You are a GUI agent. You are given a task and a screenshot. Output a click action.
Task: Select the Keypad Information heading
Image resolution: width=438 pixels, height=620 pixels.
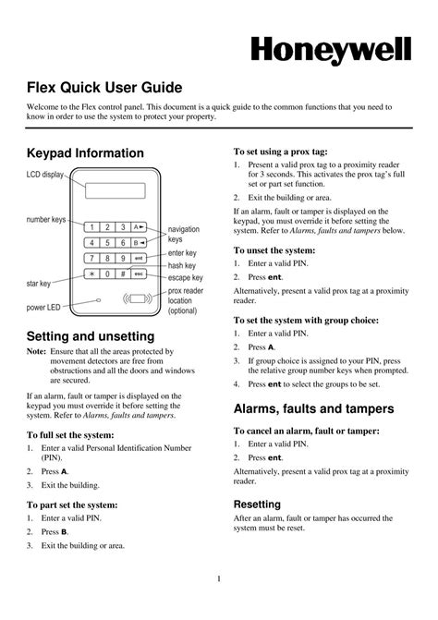pos(85,152)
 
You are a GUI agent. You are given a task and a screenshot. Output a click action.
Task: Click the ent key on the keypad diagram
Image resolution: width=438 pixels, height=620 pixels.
pos(139,258)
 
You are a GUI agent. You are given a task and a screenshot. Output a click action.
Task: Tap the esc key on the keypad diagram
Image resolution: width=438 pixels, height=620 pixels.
pos(139,274)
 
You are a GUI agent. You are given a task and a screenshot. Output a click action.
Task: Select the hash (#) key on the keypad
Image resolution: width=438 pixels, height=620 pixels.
pos(123,274)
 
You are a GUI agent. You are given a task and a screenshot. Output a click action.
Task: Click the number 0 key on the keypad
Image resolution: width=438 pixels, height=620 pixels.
pos(108,274)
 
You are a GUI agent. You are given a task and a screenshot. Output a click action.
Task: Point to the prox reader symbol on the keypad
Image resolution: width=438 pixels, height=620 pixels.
pos(137,299)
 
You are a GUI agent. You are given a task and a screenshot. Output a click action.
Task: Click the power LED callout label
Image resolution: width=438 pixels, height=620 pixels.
pos(42,307)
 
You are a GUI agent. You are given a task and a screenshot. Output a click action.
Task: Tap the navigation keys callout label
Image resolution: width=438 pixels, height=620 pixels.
pos(184,234)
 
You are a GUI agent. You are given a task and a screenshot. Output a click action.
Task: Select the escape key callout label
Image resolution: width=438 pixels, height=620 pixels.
pos(185,277)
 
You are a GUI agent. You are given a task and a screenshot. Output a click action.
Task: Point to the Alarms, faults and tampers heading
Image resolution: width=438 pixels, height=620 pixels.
pos(314,407)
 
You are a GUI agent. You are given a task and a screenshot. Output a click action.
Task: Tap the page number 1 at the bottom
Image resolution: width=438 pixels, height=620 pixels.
pos(218,579)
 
